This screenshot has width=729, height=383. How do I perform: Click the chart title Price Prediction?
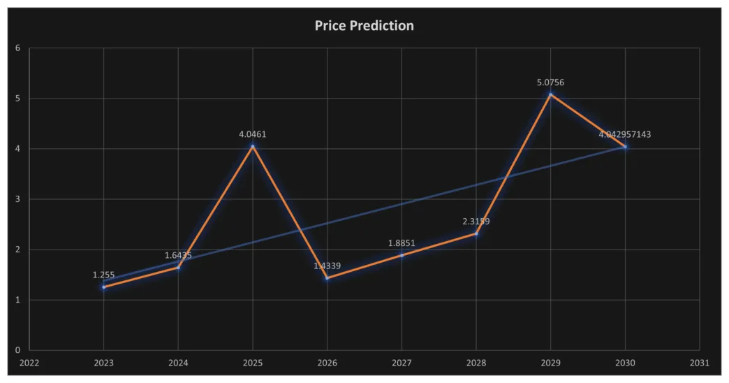click(x=364, y=26)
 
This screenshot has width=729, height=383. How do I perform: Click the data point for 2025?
click(x=253, y=146)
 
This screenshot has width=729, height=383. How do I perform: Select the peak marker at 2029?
click(x=550, y=94)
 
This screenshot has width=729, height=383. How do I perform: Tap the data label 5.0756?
click(x=550, y=82)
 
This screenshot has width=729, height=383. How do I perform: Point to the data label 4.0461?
click(x=253, y=134)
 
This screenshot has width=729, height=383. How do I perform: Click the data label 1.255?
click(x=103, y=275)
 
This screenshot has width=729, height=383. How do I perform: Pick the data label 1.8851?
click(x=402, y=243)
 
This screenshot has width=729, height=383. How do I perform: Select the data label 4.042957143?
click(x=625, y=134)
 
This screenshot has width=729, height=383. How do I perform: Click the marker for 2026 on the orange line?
click(x=327, y=278)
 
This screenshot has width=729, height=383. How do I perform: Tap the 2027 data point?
click(x=402, y=255)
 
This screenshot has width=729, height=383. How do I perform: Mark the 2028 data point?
click(x=476, y=233)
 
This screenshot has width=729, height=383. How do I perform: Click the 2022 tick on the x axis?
click(x=29, y=363)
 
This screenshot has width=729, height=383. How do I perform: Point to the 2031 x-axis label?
click(x=699, y=363)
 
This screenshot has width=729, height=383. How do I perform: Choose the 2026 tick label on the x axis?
click(x=327, y=363)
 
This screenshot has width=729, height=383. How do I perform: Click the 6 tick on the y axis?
click(x=18, y=48)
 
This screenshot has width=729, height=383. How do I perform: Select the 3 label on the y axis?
click(x=18, y=199)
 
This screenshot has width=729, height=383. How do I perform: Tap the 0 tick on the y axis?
click(x=18, y=350)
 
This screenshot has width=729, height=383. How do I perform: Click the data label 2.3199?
click(x=476, y=222)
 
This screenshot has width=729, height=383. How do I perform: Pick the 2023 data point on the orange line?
click(x=103, y=287)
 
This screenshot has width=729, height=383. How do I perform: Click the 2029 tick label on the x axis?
click(x=550, y=363)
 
